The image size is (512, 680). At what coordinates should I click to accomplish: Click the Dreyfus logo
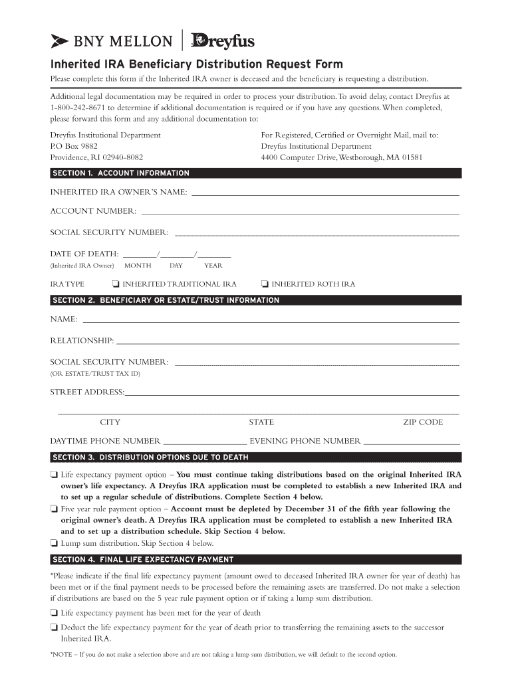(223, 41)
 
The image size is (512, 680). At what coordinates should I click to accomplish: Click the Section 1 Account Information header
(120, 173)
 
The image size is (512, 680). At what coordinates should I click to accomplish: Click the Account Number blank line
(300, 213)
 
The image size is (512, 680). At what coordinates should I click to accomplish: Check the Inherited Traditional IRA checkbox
(116, 284)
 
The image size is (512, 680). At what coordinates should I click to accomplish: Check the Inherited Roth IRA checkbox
(265, 284)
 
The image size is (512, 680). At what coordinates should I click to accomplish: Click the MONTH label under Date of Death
(138, 266)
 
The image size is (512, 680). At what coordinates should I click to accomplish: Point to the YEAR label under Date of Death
(213, 266)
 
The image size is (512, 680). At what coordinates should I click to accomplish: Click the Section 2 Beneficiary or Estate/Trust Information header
(166, 301)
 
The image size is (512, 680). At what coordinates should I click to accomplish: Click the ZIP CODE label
(422, 422)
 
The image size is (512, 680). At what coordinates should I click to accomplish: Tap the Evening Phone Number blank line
(412, 443)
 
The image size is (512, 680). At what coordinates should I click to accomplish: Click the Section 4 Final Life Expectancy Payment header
(143, 559)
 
